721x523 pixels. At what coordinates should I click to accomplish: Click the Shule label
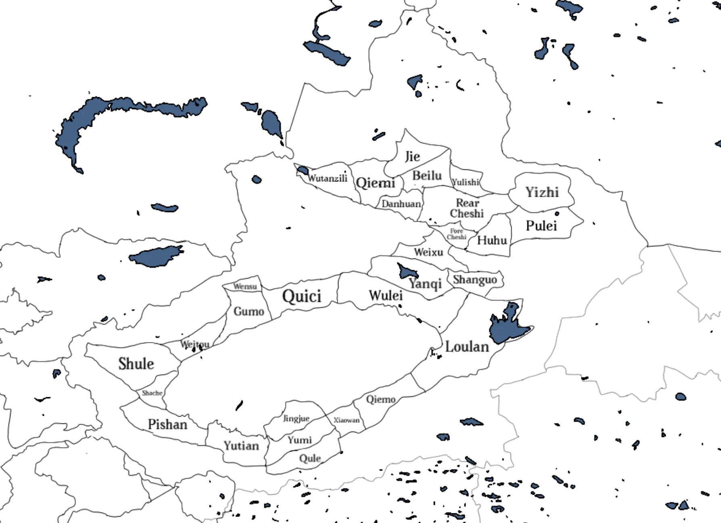click(136, 364)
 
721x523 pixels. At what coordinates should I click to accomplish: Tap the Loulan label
click(467, 347)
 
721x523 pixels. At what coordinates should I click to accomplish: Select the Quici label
click(302, 296)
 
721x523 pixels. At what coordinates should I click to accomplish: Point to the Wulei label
click(386, 296)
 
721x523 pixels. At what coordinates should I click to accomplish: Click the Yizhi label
click(542, 192)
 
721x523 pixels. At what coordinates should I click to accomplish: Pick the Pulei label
click(541, 226)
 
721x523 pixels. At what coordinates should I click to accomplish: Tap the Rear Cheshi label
click(467, 208)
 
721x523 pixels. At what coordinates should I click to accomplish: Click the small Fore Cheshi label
click(456, 234)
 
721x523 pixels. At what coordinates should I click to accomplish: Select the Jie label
click(412, 156)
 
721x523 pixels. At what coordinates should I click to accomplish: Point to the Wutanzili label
click(327, 178)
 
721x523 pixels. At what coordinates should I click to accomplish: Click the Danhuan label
click(401, 204)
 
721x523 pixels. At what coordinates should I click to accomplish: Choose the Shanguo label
click(474, 279)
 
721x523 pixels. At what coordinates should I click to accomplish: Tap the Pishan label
click(167, 424)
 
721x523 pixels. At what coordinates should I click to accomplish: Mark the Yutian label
click(241, 446)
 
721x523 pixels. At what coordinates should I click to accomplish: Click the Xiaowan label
click(346, 420)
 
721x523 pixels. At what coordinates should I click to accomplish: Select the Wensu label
click(245, 286)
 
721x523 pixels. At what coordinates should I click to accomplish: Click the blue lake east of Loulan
click(507, 326)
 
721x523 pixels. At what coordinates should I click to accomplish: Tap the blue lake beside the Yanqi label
click(407, 271)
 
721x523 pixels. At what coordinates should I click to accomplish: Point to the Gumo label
click(249, 311)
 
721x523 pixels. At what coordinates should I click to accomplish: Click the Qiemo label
click(380, 400)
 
